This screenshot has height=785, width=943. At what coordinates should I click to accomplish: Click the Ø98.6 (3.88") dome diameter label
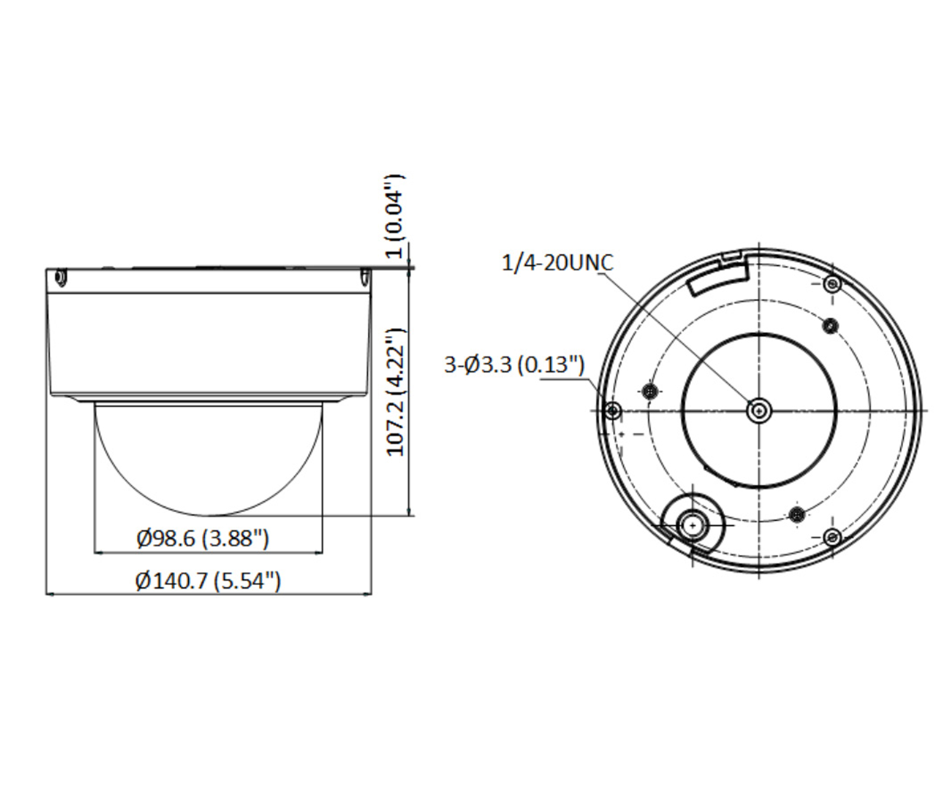pos(203,538)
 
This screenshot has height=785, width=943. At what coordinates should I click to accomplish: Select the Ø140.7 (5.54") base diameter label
pos(208,580)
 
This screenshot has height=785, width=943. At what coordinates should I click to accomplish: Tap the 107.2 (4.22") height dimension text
pos(396,392)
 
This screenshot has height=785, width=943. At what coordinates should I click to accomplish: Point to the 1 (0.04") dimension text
pos(395,216)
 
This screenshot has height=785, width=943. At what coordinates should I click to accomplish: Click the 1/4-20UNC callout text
pos(557,263)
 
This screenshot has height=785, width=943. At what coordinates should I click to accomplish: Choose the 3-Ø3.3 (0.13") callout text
pos(514,364)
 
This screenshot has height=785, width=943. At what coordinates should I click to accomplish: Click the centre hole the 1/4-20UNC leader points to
pos(759,410)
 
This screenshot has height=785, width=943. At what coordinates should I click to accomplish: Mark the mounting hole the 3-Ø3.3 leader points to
pos(612,410)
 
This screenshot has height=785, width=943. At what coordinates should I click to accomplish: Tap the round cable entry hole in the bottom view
pos(693,525)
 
